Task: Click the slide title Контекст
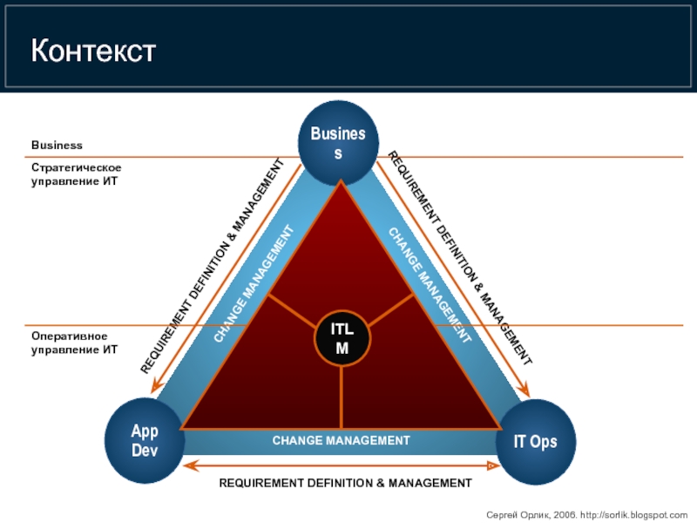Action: tap(93, 51)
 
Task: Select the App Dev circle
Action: tap(145, 441)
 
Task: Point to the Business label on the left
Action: tap(57, 145)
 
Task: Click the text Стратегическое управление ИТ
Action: tap(76, 174)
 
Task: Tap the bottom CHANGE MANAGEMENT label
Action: tap(341, 441)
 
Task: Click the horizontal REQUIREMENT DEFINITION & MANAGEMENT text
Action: tap(344, 482)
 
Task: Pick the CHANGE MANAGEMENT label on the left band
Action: tap(253, 284)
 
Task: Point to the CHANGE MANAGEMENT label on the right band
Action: tap(430, 284)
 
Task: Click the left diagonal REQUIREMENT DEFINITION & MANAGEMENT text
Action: tap(213, 267)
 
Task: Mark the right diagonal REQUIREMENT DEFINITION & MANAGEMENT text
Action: tap(459, 258)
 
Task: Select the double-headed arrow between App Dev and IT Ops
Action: tap(340, 465)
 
